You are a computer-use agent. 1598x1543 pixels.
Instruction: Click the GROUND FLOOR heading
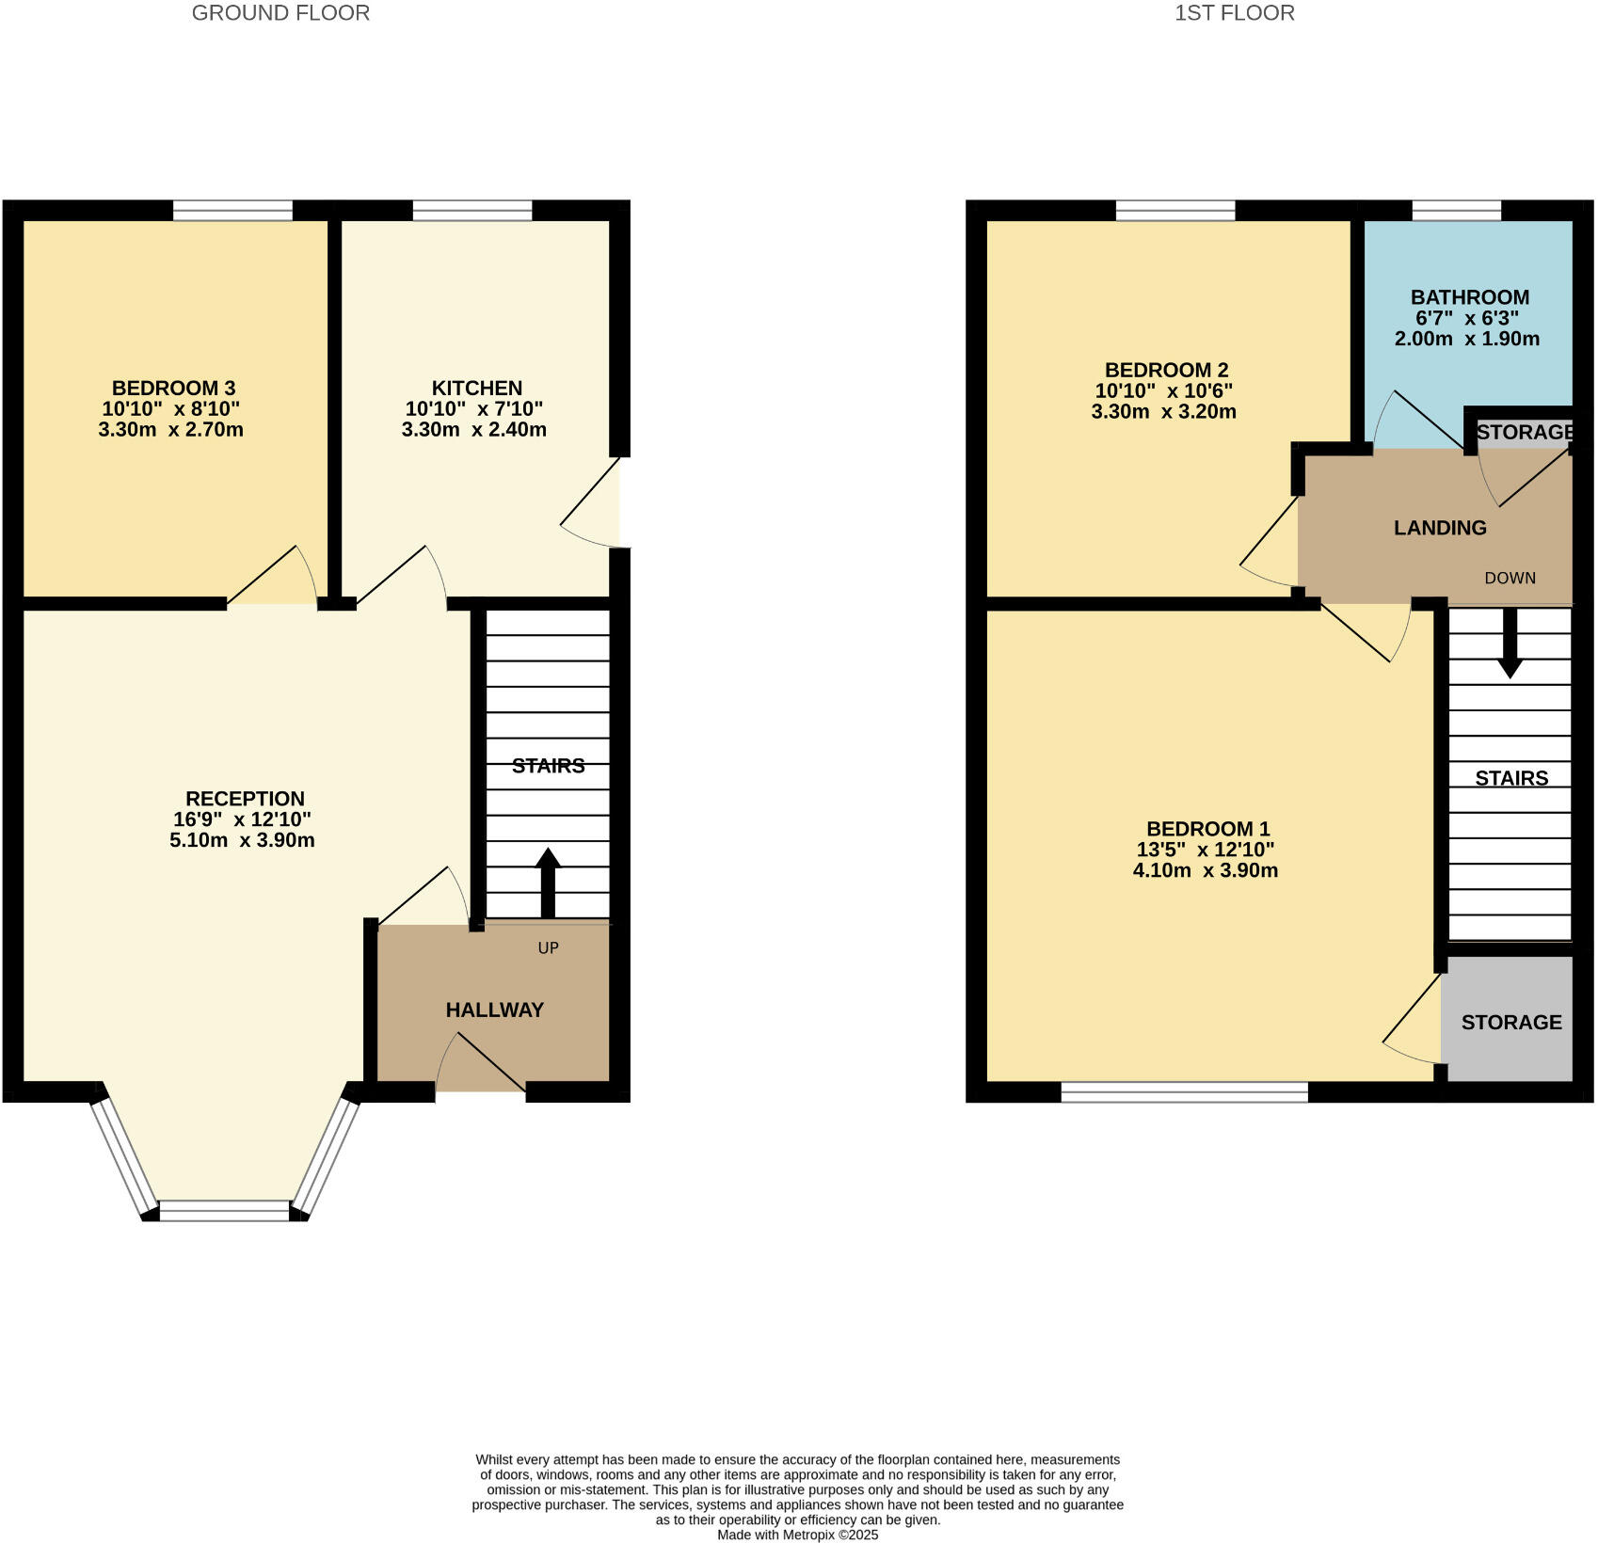[x=280, y=13]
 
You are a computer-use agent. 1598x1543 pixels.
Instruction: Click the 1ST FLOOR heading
[x=1234, y=13]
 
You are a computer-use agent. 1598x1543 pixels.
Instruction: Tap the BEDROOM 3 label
[x=173, y=388]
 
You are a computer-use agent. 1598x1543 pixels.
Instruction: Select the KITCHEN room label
[x=476, y=388]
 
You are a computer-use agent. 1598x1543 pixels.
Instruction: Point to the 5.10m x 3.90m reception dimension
[x=242, y=840]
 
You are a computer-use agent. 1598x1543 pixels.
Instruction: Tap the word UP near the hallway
[x=548, y=947]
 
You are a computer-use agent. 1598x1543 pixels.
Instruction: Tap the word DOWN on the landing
[x=1510, y=578]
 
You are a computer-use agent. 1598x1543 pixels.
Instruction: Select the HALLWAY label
[x=494, y=1010]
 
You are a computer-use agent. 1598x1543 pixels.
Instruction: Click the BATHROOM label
[x=1469, y=296]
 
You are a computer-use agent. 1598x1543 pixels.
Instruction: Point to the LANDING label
[x=1440, y=528]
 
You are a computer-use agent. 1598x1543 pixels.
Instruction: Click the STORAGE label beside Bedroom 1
[x=1510, y=1022]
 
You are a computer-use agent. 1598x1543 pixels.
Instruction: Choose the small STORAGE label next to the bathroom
[x=1524, y=432]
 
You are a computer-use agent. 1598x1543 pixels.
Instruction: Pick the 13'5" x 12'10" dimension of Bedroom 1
[x=1206, y=850]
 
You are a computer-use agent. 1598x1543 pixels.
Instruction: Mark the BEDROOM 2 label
[x=1166, y=370]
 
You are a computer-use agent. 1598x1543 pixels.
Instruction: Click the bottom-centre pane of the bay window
[x=225, y=1211]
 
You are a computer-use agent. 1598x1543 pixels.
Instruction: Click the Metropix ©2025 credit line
[x=797, y=1535]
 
